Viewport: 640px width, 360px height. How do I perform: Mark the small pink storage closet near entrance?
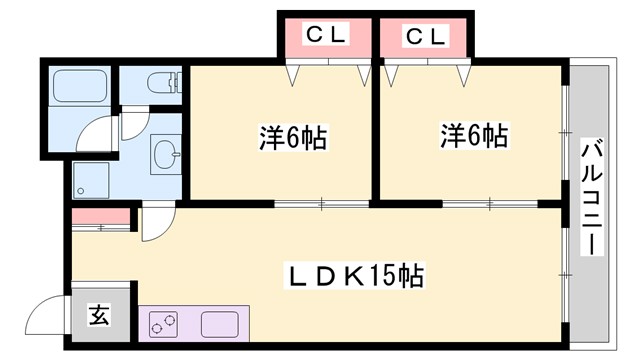[100, 216]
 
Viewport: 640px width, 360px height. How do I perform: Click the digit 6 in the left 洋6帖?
[295, 136]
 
